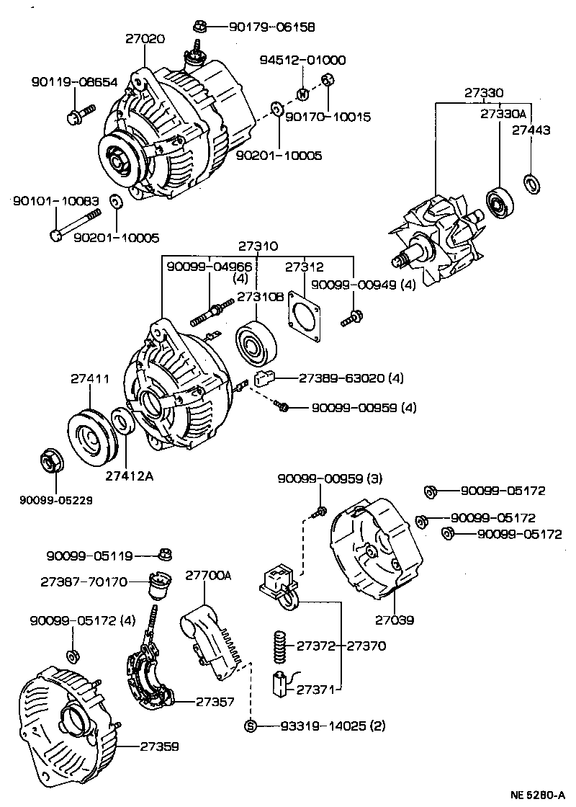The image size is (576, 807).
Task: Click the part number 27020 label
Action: [x=145, y=40]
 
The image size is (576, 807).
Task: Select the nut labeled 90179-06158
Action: [x=201, y=27]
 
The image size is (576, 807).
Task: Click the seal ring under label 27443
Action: [x=531, y=184]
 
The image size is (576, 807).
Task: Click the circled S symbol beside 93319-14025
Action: [x=251, y=726]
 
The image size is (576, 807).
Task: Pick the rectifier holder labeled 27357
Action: [x=150, y=674]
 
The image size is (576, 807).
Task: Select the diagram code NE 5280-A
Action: [x=536, y=795]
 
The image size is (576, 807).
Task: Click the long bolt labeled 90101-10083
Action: [x=76, y=225]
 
